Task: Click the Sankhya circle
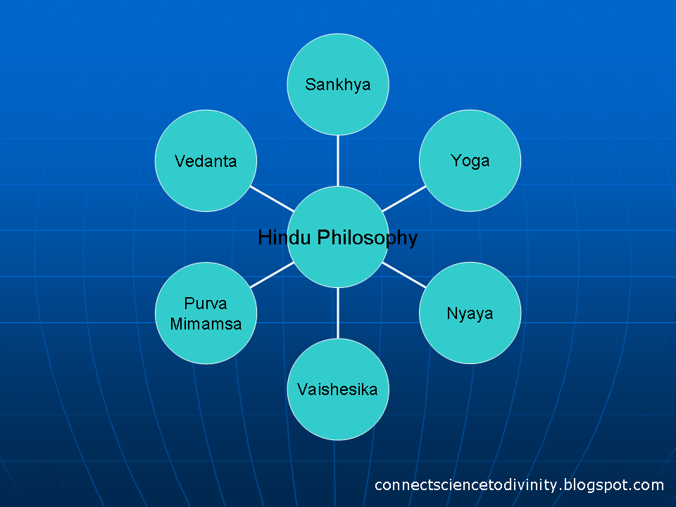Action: coord(338,84)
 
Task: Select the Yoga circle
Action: coord(470,161)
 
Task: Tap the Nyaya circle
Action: coord(470,313)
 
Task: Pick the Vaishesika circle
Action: coord(338,389)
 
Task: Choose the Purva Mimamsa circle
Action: coord(206,313)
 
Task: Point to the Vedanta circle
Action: coord(206,161)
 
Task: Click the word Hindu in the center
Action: coord(284,237)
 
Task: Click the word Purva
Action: coord(206,303)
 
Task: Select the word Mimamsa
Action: coord(206,324)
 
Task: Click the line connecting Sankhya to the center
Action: coord(338,161)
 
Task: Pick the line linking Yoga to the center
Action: coord(404,199)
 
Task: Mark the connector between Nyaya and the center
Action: coord(404,275)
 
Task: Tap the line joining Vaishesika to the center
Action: coord(338,313)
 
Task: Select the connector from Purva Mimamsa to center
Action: coord(272,275)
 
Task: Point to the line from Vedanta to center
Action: coord(272,199)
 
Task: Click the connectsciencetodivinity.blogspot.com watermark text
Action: coord(519,485)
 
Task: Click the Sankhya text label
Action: coord(338,85)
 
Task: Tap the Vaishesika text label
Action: coord(337,389)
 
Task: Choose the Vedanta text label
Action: coord(206,161)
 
